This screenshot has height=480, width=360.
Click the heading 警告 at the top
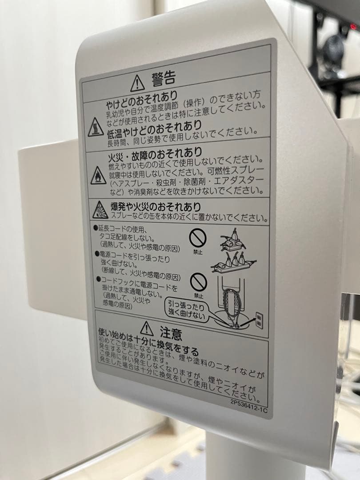coord(164,78)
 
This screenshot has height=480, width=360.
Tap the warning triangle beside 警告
coord(137,83)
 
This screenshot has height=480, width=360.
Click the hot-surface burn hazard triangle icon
coord(96,127)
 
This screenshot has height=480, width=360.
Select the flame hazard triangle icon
coord(98,176)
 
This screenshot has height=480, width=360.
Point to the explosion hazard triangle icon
coord(100,210)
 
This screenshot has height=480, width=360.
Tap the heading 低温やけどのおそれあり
coord(154,129)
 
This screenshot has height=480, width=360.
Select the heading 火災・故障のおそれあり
coord(155,155)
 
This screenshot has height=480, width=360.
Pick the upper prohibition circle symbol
coord(198,239)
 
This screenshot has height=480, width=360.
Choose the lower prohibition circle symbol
coord(198,283)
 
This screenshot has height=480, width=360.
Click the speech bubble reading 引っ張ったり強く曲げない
coord(186,310)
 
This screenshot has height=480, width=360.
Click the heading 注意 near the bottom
coord(171,333)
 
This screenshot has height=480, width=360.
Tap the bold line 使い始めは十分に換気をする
coord(148,340)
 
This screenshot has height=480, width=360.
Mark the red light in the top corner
coord(353,27)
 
